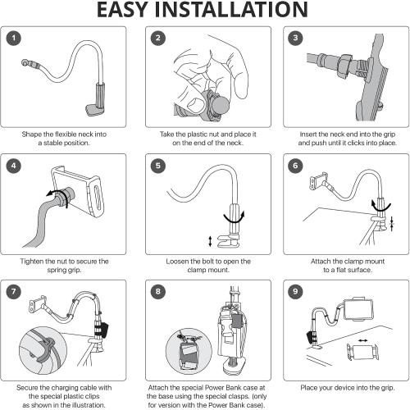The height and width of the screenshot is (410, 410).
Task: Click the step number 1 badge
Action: coord(13,39)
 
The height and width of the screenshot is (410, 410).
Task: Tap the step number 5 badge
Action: coord(158,166)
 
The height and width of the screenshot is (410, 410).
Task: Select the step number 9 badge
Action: coord(295,291)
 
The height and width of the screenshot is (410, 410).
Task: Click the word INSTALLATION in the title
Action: coord(231,10)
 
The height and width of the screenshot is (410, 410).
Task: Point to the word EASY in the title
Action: coord(122,10)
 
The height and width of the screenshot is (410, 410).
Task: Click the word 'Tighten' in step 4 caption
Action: coord(31,262)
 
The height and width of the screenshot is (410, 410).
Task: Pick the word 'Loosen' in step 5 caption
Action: coord(176,262)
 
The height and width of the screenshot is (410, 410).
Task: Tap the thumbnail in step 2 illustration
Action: coord(197,103)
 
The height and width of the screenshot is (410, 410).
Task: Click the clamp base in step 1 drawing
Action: coord(94,110)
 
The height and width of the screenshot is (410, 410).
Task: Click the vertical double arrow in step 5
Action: coord(210,241)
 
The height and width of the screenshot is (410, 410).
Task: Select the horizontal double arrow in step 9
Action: coord(363,340)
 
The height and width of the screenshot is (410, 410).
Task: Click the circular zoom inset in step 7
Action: coord(43,351)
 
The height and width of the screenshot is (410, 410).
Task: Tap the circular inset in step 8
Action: coord(189,352)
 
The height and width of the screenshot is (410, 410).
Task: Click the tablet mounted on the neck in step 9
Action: coord(358,309)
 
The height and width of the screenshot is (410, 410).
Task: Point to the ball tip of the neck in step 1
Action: coord(25,62)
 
